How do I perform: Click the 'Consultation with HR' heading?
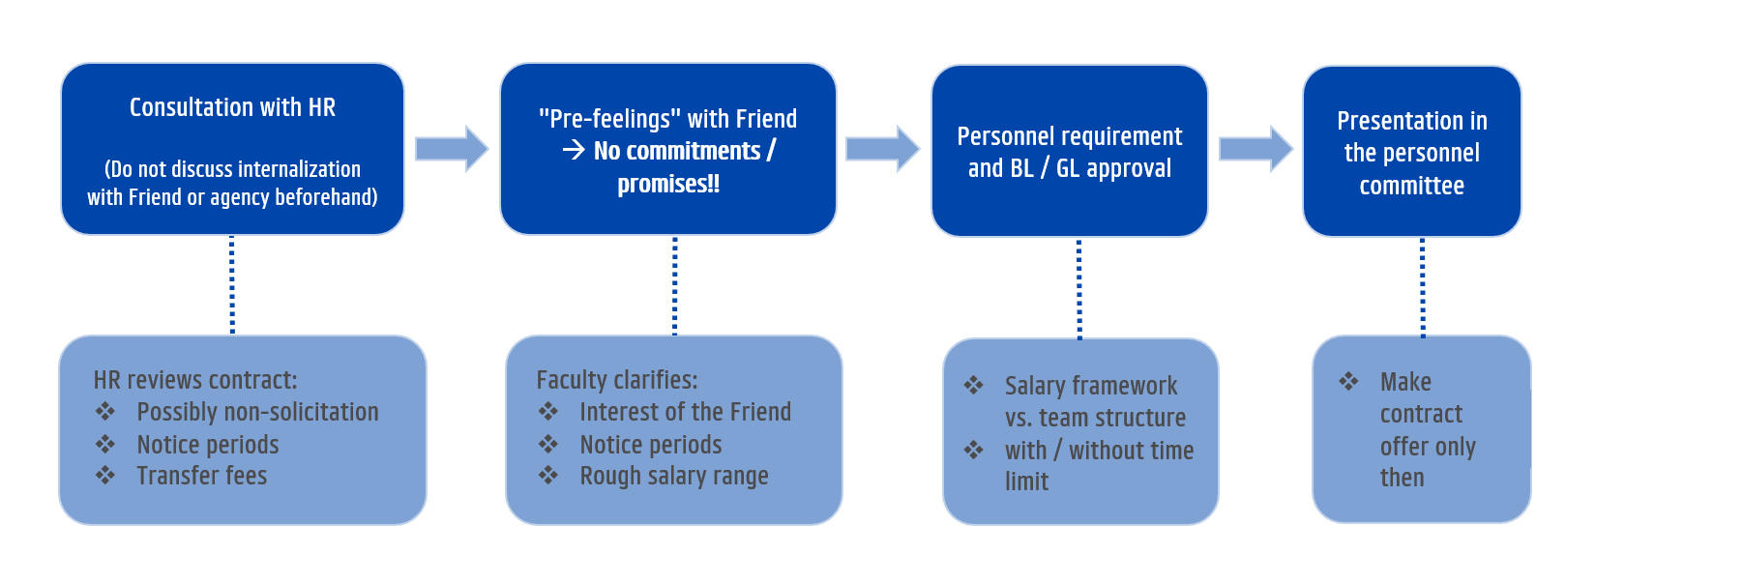pyautogui.click(x=232, y=107)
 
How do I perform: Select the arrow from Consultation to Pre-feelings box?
pyautogui.click(x=452, y=149)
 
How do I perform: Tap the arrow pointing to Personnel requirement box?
pyautogui.click(x=882, y=149)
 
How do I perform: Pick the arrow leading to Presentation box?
pyautogui.click(x=1256, y=149)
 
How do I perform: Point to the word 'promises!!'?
pyautogui.click(x=668, y=184)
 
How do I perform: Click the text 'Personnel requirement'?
pyautogui.click(x=1070, y=136)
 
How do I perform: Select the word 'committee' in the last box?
pyautogui.click(x=1411, y=186)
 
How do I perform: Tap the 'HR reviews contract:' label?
pyautogui.click(x=195, y=380)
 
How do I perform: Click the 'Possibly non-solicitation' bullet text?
pyautogui.click(x=257, y=412)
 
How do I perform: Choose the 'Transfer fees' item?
pyautogui.click(x=201, y=476)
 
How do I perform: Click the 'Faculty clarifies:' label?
pyautogui.click(x=617, y=380)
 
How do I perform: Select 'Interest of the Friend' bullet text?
pyautogui.click(x=685, y=412)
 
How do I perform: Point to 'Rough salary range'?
pyautogui.click(x=674, y=477)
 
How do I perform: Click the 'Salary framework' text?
pyautogui.click(x=1091, y=386)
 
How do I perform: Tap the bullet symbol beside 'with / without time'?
pyautogui.click(x=974, y=450)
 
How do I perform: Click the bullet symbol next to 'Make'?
pyautogui.click(x=1348, y=381)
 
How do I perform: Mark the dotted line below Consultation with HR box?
pyautogui.click(x=232, y=285)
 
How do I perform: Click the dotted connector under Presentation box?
pyautogui.click(x=1422, y=287)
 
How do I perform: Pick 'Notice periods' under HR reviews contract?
pyautogui.click(x=208, y=445)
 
